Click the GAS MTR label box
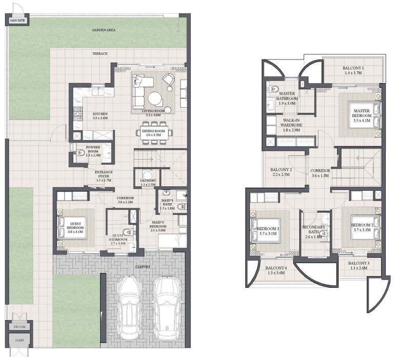[x=18, y=21]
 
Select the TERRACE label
[x=100, y=53]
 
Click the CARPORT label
[x=144, y=267]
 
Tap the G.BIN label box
[x=19, y=340]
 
